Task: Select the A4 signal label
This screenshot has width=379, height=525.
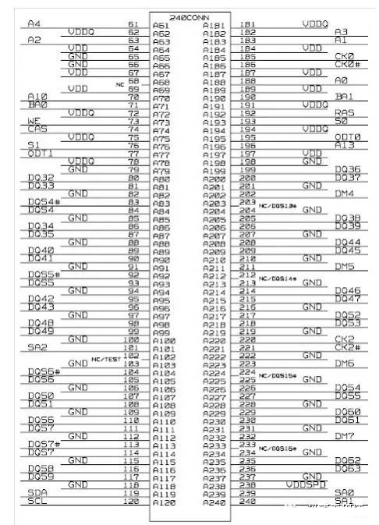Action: point(34,24)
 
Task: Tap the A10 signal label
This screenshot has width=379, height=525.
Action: point(37,96)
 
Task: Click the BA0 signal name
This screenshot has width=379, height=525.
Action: point(36,105)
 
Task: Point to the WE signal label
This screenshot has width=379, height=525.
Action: point(33,121)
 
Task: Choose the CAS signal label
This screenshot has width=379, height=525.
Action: point(36,129)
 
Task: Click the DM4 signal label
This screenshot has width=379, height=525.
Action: point(344,193)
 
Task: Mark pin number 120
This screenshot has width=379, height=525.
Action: point(131,501)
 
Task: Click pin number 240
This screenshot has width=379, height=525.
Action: point(249,501)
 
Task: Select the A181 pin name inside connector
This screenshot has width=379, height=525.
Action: point(211,26)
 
